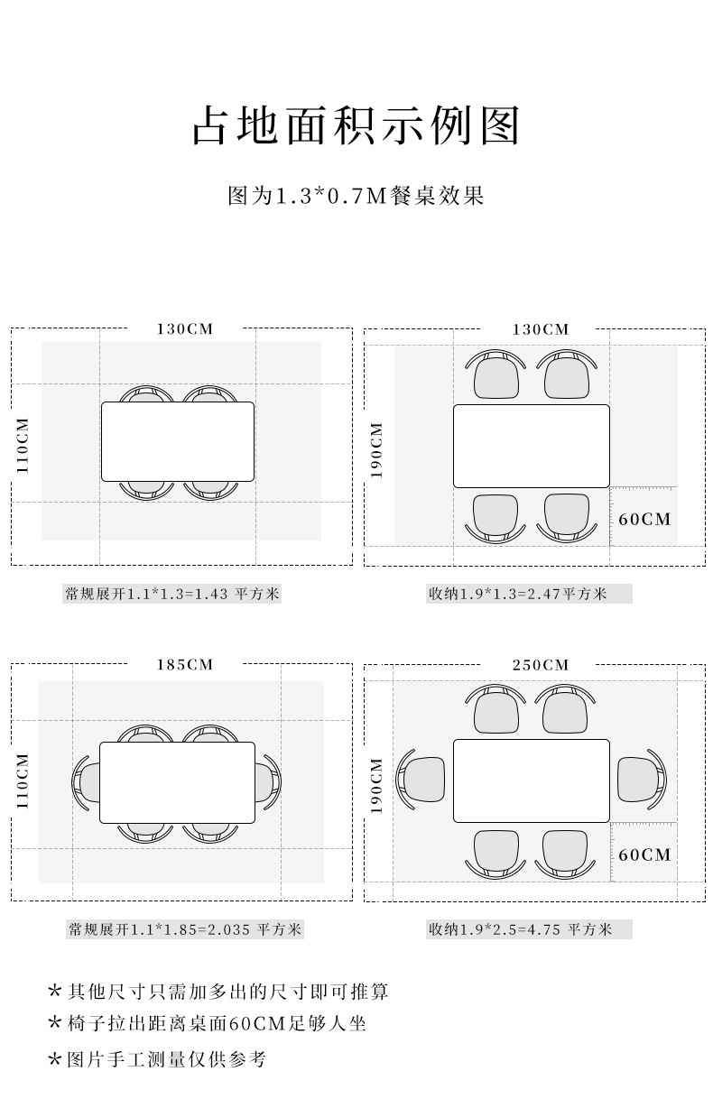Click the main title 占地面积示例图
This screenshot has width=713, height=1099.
coord(356,126)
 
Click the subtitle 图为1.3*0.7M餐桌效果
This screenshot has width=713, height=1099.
coord(356,195)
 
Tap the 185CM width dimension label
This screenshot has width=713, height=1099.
coord(185,665)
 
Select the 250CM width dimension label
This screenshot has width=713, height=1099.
coord(541,665)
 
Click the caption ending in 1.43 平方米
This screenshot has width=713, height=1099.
coord(172,594)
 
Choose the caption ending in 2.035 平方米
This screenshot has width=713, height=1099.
coord(185,929)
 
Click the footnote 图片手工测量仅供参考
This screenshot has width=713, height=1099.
coord(157,1058)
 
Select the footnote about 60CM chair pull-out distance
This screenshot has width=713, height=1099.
coord(208,1024)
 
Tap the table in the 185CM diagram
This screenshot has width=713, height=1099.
coord(177,782)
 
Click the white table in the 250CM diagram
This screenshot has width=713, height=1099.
coord(532,781)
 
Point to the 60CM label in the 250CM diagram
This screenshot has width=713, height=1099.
coord(645,854)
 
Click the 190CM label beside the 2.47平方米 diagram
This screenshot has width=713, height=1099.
coord(377,449)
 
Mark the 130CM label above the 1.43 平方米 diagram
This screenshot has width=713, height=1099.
coord(185,329)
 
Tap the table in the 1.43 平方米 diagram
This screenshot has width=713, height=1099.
coord(177,442)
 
